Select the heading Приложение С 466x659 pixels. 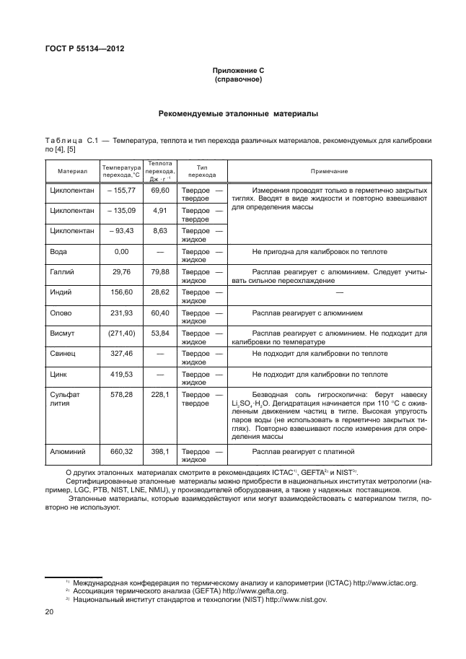238,70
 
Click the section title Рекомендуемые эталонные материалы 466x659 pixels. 238,114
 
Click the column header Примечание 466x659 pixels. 329,171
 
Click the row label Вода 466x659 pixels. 59,252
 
